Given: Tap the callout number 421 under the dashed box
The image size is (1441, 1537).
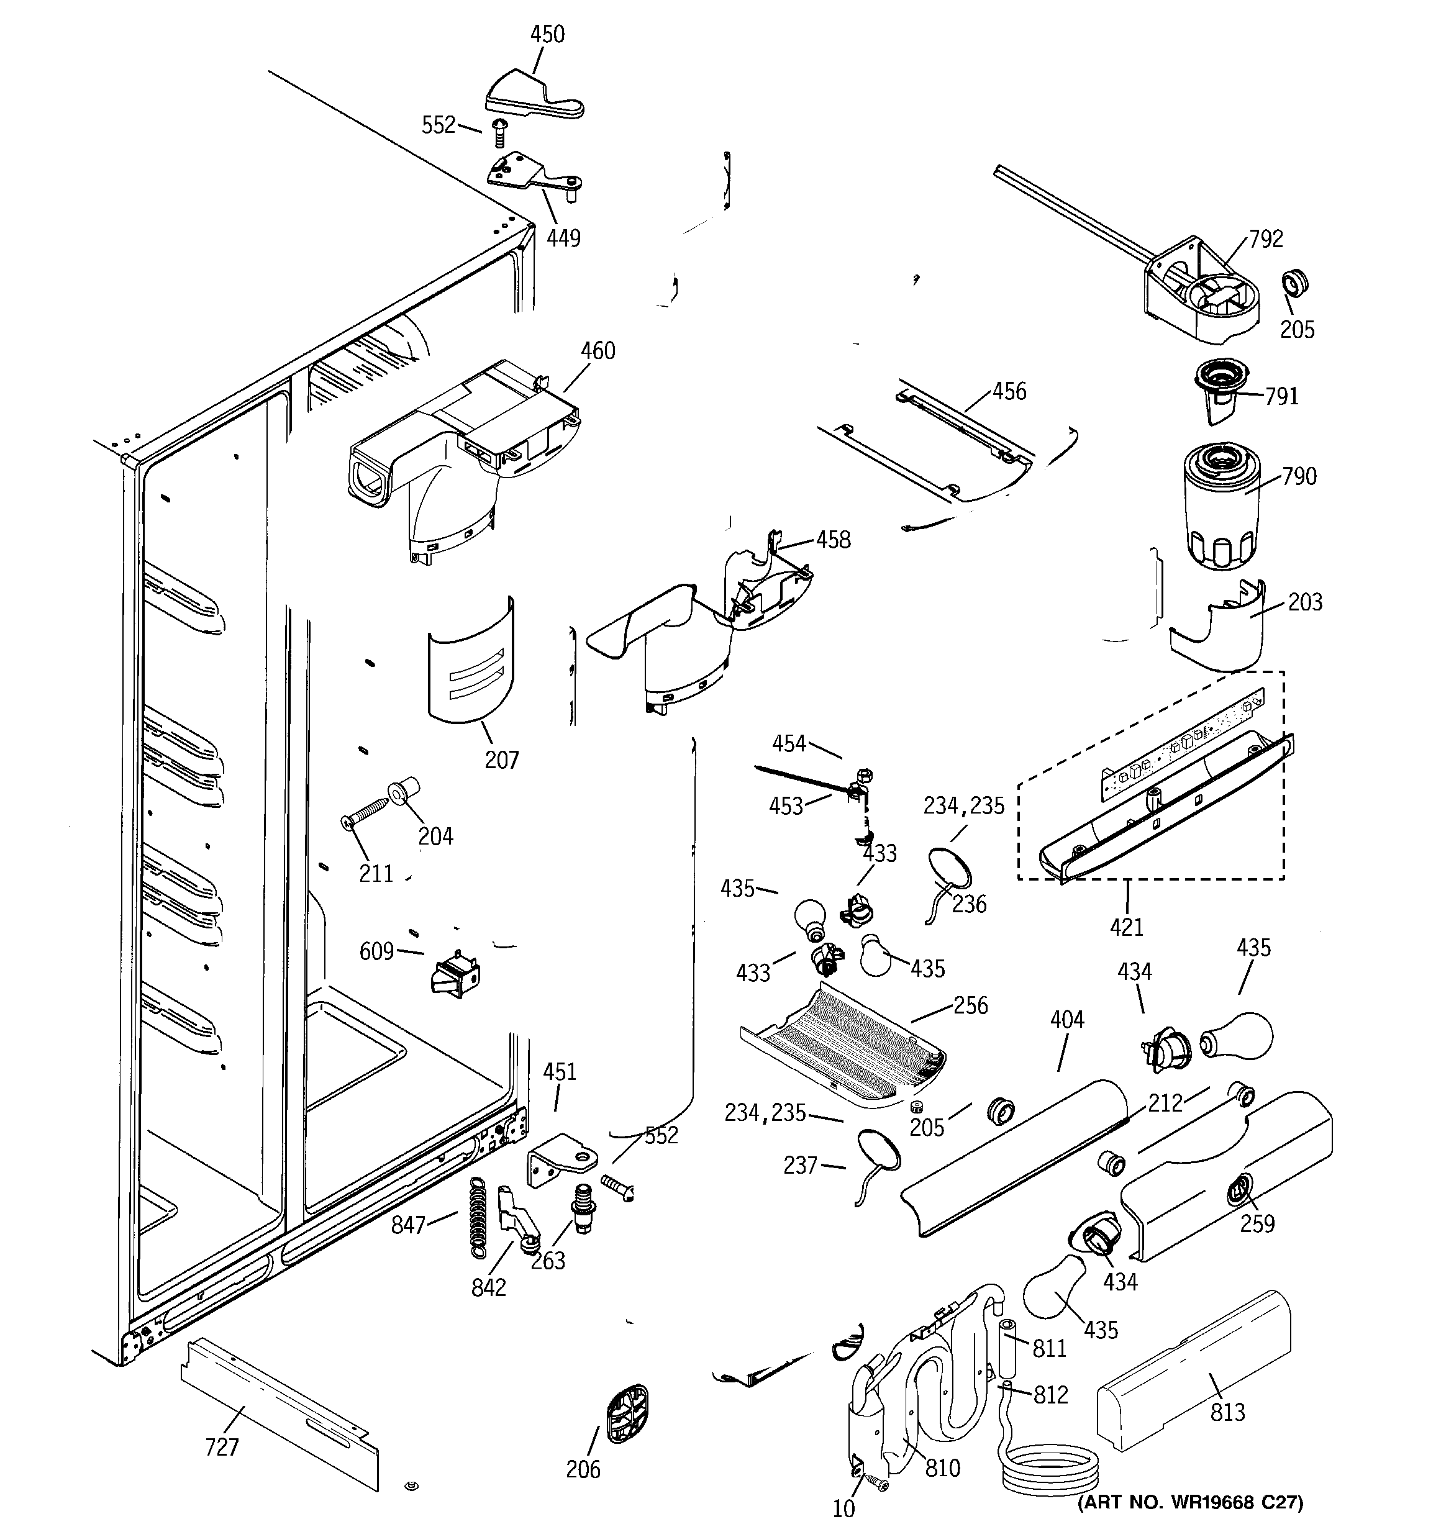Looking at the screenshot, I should pyautogui.click(x=1126, y=926).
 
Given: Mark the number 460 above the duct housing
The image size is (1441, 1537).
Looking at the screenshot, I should pyautogui.click(x=598, y=351).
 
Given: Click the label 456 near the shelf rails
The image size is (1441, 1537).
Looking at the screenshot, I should pyautogui.click(x=1009, y=391).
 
